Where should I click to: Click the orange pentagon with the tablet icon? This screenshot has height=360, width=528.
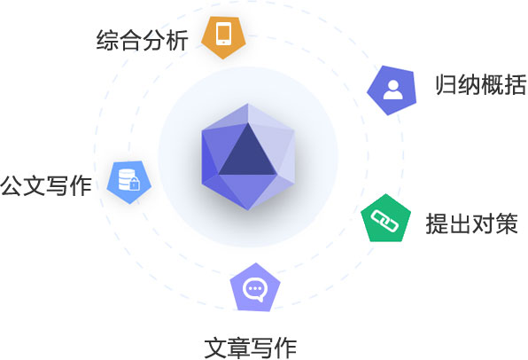coord(223,36)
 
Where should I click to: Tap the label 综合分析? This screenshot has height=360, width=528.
coord(142,41)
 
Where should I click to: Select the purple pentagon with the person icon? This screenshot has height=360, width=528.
coord(392,90)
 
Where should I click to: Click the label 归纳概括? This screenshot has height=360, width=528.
coord(481,84)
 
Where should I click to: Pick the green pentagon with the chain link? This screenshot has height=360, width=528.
coord(385,219)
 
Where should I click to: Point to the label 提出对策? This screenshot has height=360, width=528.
coord(472,223)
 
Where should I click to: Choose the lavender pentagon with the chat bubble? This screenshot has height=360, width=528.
coord(255,288)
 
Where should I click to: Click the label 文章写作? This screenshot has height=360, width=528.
coord(251,348)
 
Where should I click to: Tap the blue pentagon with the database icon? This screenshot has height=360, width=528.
coord(129,182)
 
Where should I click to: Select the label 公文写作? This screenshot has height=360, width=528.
coord(46,185)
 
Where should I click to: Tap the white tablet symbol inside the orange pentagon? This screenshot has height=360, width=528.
coord(223,34)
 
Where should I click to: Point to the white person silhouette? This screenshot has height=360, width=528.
coord(392,90)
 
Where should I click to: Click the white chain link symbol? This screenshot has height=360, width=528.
coord(384,221)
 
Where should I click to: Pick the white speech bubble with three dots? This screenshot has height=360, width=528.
coord(255,290)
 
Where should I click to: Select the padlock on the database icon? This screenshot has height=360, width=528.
coord(134,184)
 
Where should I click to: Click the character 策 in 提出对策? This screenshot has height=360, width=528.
coord(507,223)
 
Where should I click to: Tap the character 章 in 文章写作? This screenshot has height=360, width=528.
coord(239,348)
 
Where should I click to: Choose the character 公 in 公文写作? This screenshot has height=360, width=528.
coord(12,185)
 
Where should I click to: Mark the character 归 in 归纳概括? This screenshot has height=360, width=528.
coord(446,84)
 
